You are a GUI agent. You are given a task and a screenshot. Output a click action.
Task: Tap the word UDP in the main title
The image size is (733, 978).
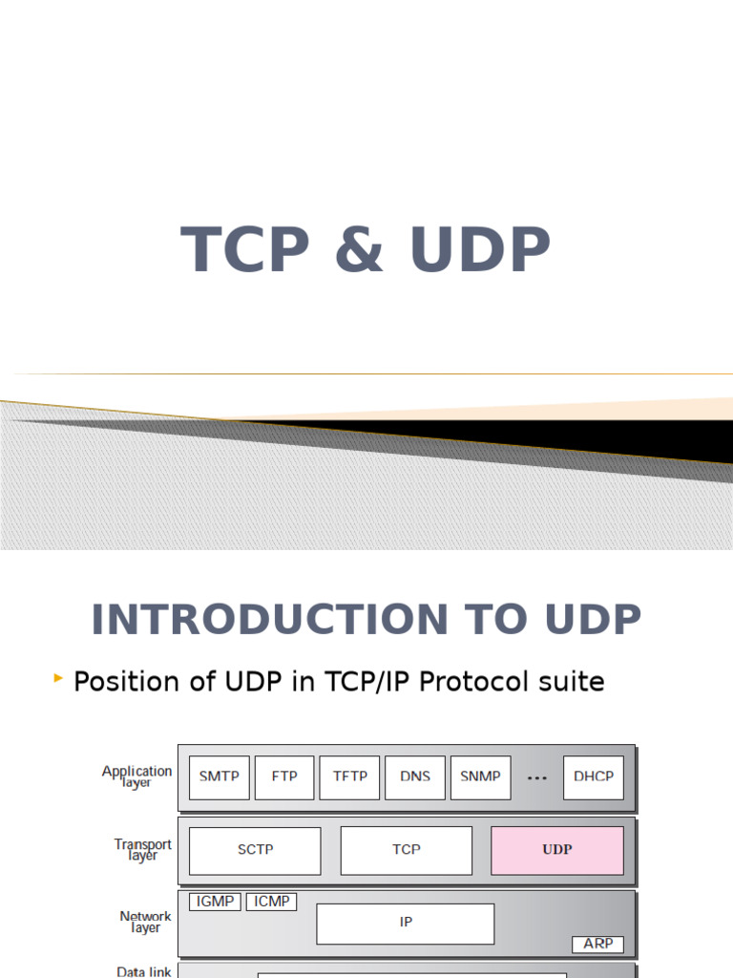point(480,250)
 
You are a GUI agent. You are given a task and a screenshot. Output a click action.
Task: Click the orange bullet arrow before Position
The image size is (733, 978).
point(59,679)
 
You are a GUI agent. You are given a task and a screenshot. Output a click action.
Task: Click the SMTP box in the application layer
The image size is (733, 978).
point(220,776)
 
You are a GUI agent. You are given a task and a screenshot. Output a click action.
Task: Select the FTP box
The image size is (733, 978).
point(284,776)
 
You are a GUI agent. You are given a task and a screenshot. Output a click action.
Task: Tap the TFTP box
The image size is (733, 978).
point(349,776)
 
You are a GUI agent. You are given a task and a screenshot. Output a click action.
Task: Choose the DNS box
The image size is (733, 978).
point(415,776)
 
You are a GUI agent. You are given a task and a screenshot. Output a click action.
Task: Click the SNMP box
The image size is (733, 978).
point(480,776)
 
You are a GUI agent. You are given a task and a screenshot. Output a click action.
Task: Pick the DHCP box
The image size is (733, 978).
point(594,776)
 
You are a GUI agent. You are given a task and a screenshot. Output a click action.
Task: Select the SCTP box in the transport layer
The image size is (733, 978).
point(255,850)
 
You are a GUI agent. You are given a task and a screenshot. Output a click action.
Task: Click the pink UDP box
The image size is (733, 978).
point(557,850)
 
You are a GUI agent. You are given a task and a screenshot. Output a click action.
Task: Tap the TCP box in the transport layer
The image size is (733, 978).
point(406,850)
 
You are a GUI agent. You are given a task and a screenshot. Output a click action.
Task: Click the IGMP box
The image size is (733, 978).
point(215,902)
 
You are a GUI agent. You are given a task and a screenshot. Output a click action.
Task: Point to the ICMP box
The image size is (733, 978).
point(272,902)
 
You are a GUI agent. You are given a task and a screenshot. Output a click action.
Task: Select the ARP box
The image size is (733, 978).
point(598,944)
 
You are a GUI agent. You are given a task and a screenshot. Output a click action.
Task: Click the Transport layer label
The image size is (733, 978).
point(143,850)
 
